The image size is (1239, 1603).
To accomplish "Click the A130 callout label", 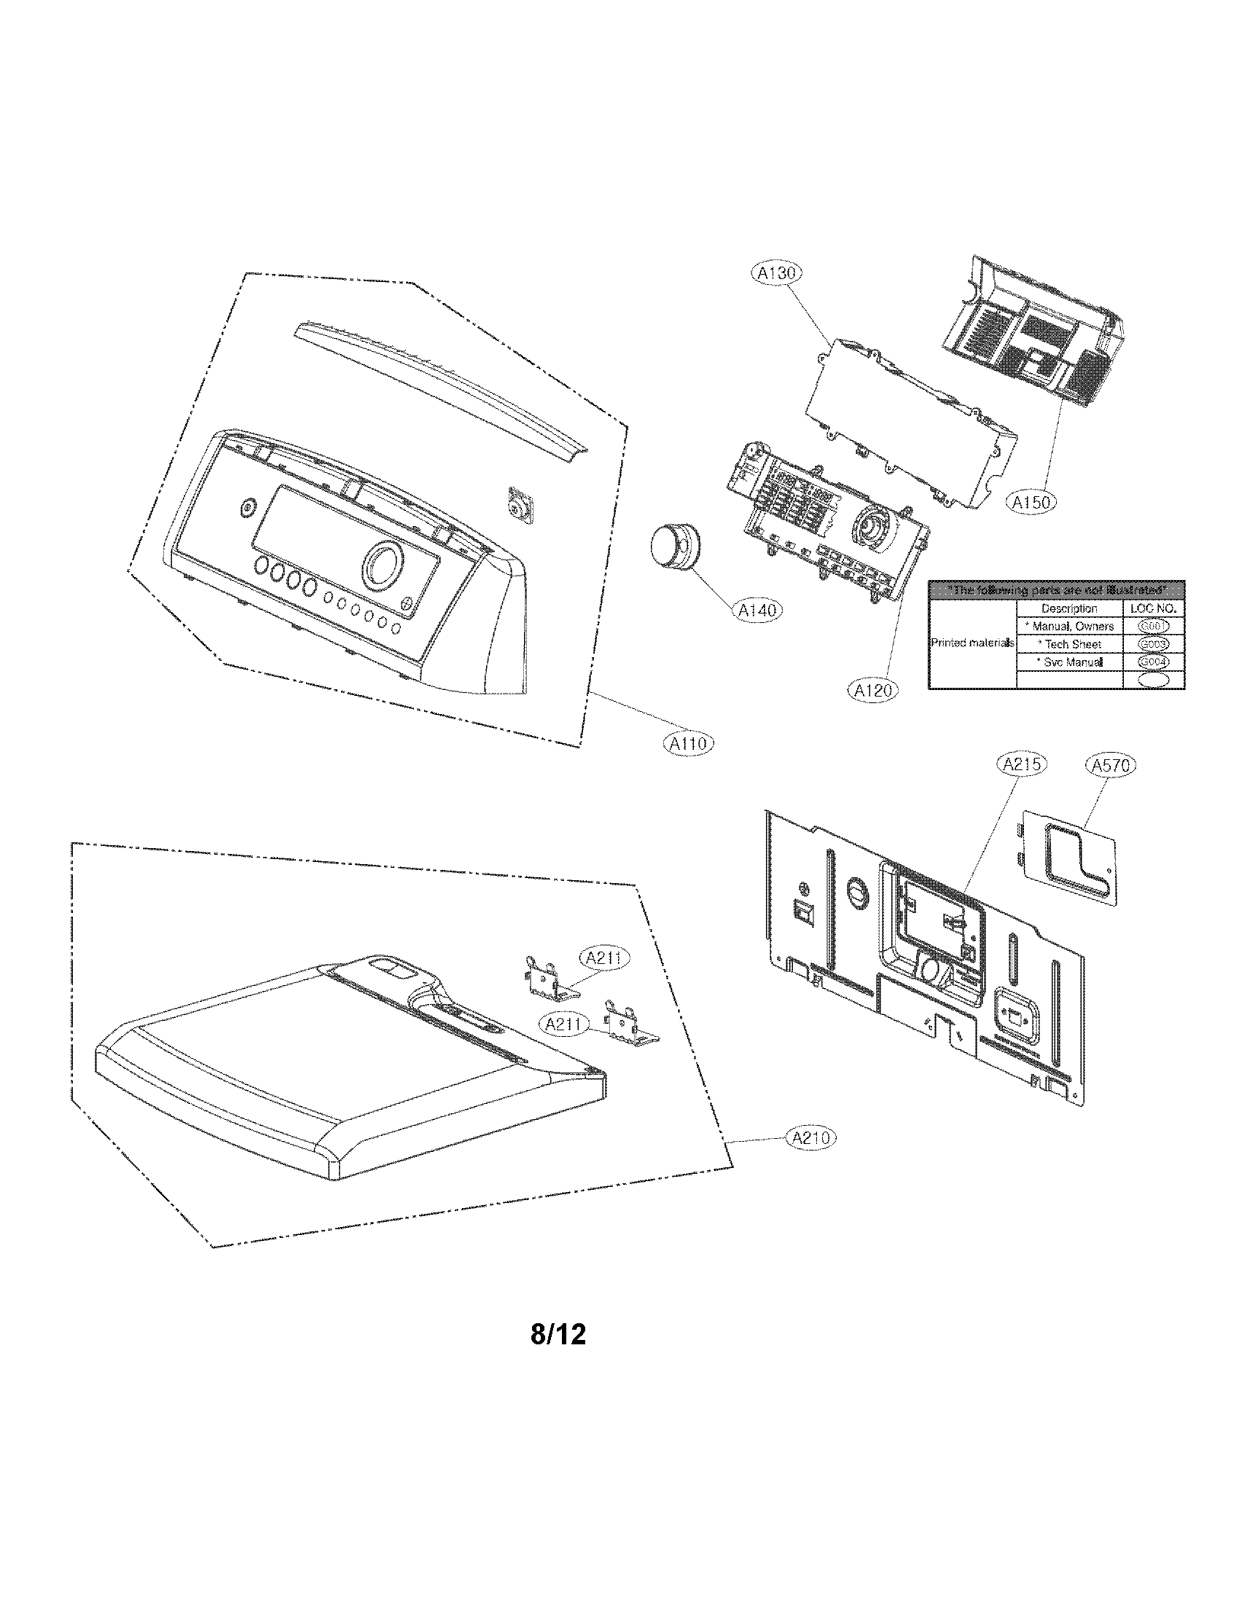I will [777, 274].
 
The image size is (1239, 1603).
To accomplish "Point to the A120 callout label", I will [873, 690].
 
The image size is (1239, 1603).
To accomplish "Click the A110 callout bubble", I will [688, 743].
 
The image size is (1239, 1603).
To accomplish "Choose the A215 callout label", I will [1022, 765].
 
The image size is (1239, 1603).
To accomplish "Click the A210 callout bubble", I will [811, 1137].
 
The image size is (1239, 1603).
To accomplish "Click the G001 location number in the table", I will [1153, 626].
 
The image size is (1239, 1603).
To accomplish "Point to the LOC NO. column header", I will [1153, 608].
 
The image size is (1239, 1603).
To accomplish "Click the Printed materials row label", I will [972, 643].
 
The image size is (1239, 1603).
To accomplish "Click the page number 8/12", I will [558, 1333].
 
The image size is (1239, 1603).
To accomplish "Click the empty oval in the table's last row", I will [1153, 681].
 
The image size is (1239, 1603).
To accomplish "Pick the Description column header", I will [1068, 608].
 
